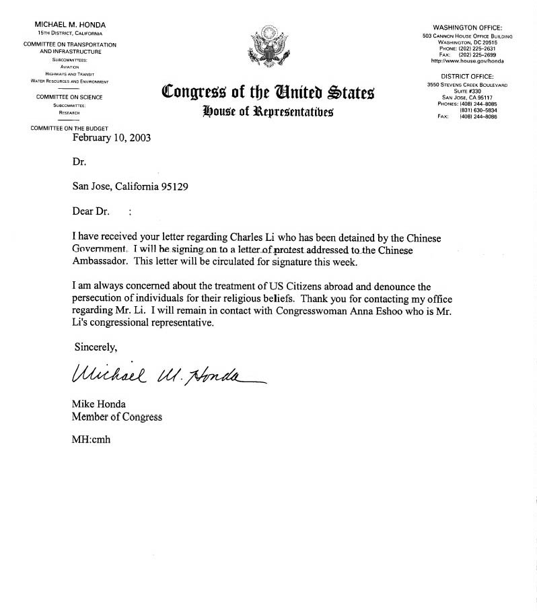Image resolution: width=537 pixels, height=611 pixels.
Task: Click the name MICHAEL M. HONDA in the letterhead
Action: pos(71,25)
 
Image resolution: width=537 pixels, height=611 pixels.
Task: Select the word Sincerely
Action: pos(95,347)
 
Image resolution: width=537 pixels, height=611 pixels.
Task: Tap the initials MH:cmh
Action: pos(91,439)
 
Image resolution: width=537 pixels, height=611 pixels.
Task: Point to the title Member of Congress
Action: pos(117,417)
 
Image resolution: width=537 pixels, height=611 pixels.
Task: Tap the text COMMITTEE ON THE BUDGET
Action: pos(70,128)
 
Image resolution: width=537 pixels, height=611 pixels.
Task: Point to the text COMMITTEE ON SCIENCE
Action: pos(70,98)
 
